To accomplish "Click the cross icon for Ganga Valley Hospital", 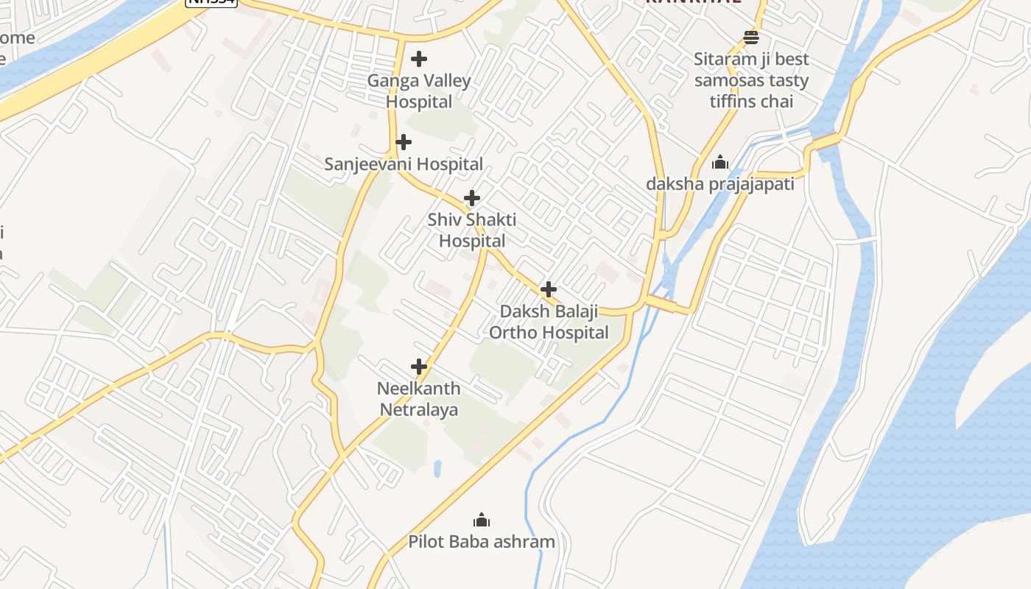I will (419, 59).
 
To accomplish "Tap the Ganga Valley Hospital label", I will (419, 91).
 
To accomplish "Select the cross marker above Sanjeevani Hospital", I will (403, 142).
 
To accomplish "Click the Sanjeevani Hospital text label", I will (404, 164).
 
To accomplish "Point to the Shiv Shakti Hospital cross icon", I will (472, 198).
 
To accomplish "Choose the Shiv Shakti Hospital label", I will (472, 230).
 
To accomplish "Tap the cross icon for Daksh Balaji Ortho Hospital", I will (548, 289).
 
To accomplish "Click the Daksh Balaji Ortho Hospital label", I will (549, 322).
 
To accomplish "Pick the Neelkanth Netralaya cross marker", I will (419, 367).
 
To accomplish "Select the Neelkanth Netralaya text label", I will (419, 399).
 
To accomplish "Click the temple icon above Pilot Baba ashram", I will (482, 520).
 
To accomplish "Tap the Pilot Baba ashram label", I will (482, 543).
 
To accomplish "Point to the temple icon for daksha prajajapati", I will (719, 162).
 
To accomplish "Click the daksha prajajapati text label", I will (719, 184).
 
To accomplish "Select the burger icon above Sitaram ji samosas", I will (751, 37).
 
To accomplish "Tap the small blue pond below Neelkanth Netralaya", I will (437, 468).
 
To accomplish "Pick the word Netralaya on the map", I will (419, 410).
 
